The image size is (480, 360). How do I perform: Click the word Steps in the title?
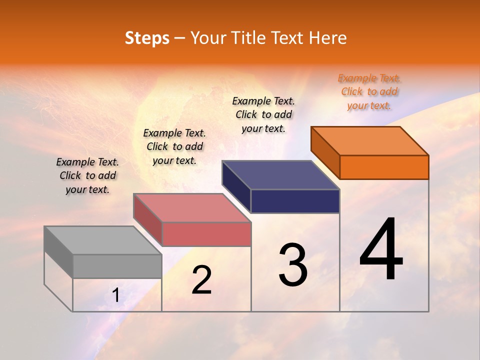tap(147, 38)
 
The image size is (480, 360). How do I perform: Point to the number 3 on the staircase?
tap(293, 265)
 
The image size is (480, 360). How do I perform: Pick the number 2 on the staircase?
tap(201, 280)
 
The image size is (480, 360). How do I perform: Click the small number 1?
tap(116, 295)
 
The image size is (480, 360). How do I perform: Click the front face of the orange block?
tap(384, 167)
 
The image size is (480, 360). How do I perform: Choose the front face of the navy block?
tap(295, 201)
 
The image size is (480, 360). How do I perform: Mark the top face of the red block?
tap(192, 208)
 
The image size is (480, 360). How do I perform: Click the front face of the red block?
tap(206, 234)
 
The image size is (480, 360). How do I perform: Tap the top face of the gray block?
tap(103, 240)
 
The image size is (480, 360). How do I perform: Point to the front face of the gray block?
tap(117, 266)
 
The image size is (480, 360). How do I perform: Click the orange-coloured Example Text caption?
tap(369, 91)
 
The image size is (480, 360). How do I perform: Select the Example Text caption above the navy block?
tap(264, 114)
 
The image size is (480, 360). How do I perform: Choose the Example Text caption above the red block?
tap(174, 146)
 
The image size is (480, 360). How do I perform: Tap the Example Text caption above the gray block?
tap(87, 175)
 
